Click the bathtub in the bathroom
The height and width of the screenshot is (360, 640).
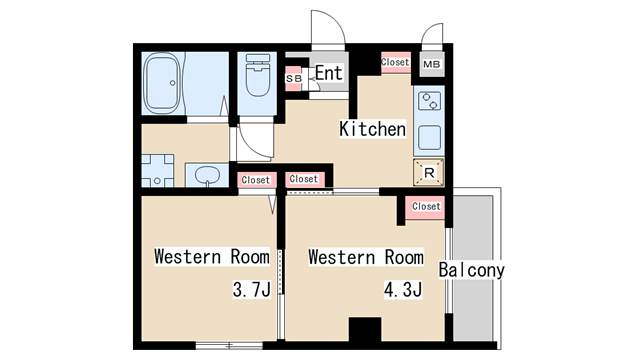[x=162, y=83]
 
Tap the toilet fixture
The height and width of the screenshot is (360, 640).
[x=258, y=76]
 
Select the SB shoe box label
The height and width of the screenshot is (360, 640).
[x=293, y=78]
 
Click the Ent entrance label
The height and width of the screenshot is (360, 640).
[x=329, y=73]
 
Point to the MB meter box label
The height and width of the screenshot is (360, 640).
[x=432, y=64]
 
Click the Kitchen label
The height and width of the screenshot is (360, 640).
[x=373, y=129]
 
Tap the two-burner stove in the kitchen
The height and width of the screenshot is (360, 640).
[x=429, y=101]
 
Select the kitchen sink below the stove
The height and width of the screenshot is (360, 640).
[x=429, y=138]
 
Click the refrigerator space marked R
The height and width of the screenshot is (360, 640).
[x=429, y=173]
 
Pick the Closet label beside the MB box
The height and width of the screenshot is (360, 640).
[x=395, y=62]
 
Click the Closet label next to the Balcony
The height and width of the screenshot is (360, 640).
[x=426, y=207]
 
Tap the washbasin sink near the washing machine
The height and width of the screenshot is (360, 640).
[x=207, y=175]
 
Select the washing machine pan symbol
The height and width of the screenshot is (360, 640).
[x=158, y=171]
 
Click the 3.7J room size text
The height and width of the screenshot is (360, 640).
[x=252, y=289]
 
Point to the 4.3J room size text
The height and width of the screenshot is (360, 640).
[x=403, y=289]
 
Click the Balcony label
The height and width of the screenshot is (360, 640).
[x=472, y=270]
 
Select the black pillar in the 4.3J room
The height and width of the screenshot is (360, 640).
[x=365, y=329]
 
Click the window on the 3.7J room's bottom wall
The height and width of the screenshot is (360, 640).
[x=229, y=345]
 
